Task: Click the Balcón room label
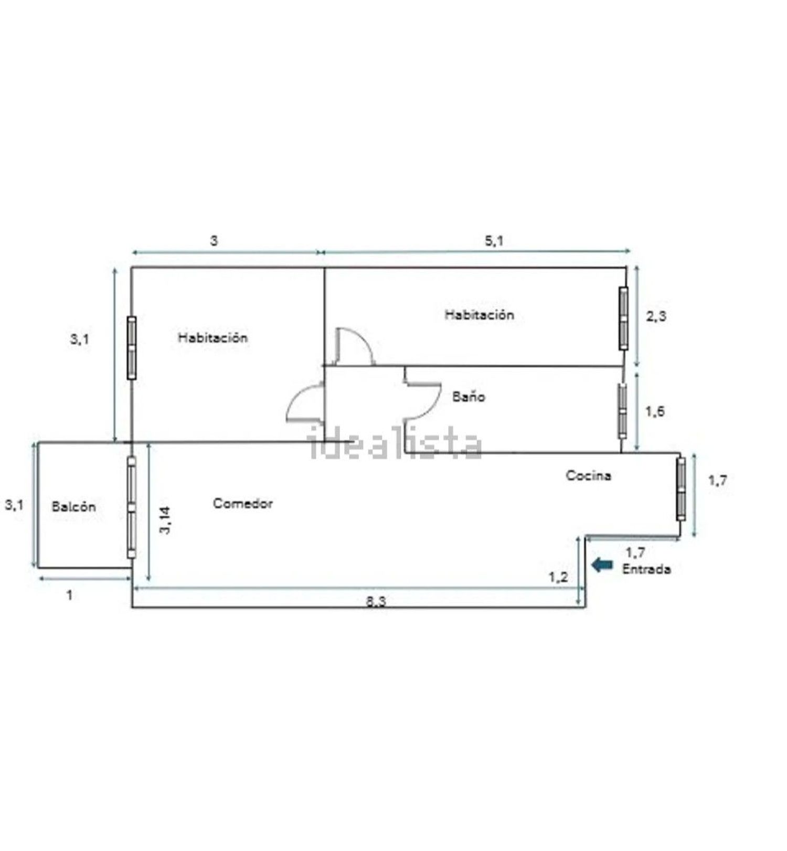point(74,507)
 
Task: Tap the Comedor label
point(243,504)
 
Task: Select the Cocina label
point(588,475)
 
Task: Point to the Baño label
point(469,397)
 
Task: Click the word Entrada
point(646,569)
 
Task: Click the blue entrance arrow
point(602,565)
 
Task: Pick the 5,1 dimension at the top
point(494,241)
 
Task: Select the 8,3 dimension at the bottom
point(376,601)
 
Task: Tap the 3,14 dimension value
point(165,520)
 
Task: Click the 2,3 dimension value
point(656,316)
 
